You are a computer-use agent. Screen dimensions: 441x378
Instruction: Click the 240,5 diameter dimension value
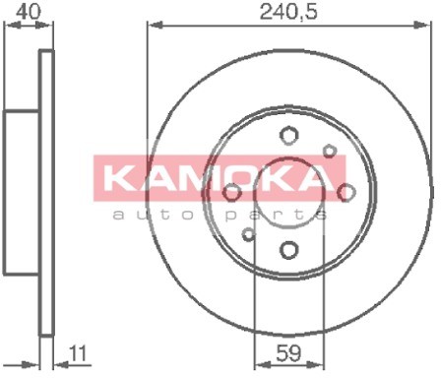pos(288,12)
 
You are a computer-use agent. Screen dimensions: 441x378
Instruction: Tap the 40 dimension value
pos(29,11)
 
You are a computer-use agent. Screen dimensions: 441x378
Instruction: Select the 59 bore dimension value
pos(288,353)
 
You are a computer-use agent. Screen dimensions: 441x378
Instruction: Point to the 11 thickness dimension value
pos(78,353)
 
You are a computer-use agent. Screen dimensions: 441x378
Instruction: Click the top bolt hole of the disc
pos(288,135)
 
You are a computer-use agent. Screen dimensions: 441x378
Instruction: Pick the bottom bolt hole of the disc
pos(289,250)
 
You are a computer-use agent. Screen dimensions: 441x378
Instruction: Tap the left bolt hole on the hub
pos(232,192)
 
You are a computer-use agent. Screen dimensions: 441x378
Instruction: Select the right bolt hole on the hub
pos(346,192)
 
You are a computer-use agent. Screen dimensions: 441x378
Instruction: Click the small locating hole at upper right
pos(330,152)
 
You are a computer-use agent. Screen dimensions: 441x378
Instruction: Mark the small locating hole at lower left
pos(248,234)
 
